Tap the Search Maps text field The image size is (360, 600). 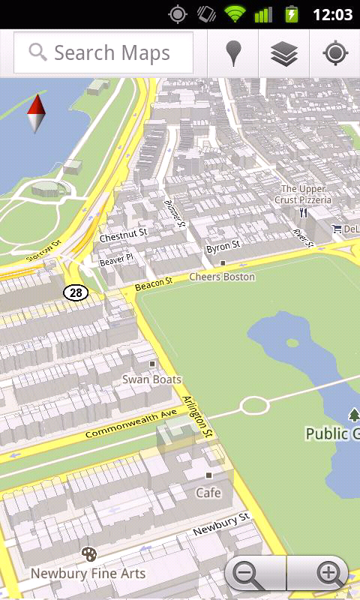(103, 53)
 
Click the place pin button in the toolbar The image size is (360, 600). (234, 53)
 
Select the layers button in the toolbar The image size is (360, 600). (284, 53)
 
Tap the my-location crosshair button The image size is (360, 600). (334, 53)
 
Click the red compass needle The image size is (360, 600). (36, 113)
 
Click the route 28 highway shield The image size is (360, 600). (76, 292)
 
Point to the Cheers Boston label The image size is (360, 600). (221, 277)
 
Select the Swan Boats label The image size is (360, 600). (151, 379)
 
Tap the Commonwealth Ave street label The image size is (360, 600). (131, 424)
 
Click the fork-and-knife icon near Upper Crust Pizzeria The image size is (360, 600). (303, 212)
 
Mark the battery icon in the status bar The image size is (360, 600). (291, 13)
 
